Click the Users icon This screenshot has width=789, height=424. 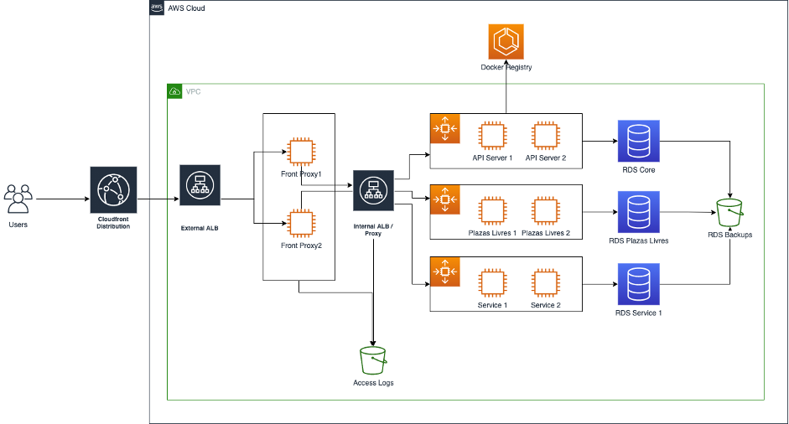(x=18, y=199)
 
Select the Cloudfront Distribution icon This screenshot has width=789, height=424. (x=113, y=190)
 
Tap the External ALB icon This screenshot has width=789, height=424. (x=200, y=185)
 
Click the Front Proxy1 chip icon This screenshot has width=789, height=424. (x=301, y=152)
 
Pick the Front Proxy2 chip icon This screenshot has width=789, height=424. (x=301, y=224)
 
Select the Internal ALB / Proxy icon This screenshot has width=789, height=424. (x=373, y=190)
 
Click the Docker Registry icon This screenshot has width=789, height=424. (x=506, y=42)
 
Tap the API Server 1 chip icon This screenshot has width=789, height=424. (x=492, y=136)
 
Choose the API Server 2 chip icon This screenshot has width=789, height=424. (x=546, y=136)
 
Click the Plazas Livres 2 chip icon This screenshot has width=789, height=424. (x=546, y=210)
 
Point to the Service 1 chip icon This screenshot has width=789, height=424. (x=492, y=283)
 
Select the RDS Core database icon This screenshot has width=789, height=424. (x=639, y=141)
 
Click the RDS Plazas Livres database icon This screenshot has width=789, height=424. (x=639, y=212)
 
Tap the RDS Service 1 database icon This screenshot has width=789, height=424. (x=639, y=284)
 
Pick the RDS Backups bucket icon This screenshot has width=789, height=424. (x=729, y=213)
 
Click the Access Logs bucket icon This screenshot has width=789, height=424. (x=373, y=360)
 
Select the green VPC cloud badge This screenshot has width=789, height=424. (x=174, y=91)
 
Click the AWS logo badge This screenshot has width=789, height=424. (x=157, y=8)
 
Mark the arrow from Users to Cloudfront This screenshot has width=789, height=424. (x=63, y=199)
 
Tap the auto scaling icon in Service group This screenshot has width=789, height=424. (x=445, y=271)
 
